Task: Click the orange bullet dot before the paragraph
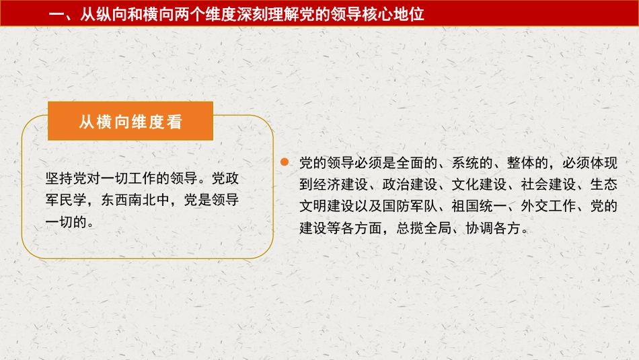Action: click(285, 163)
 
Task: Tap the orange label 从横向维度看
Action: click(130, 122)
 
